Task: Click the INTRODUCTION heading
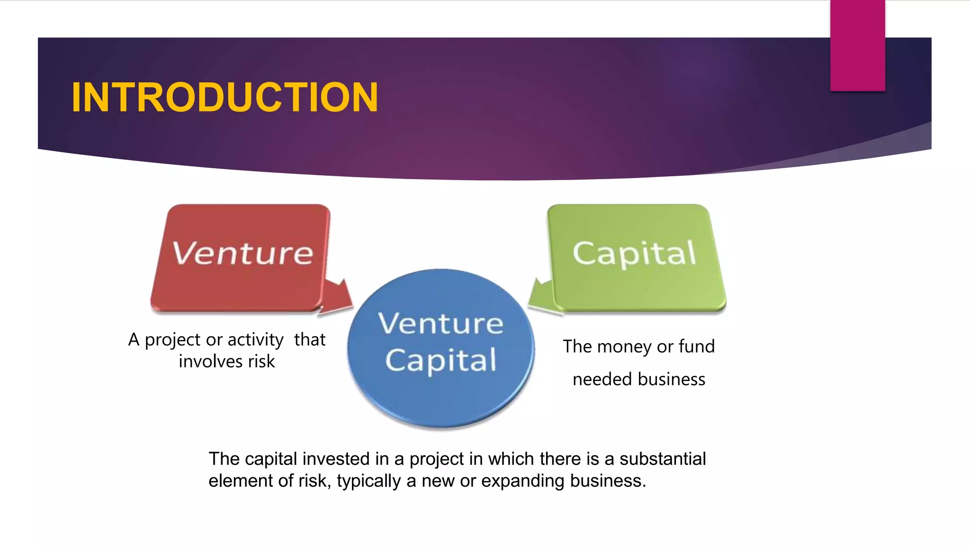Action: point(225,98)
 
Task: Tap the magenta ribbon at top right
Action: point(857,45)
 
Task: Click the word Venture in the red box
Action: point(242,253)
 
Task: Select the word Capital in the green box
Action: point(634,253)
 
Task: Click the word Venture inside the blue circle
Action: point(440,324)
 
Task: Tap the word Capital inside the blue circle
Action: point(440,360)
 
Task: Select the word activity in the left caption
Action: point(255,340)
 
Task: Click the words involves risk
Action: point(226,362)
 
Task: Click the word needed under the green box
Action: point(602,380)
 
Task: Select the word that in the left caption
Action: point(310,340)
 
